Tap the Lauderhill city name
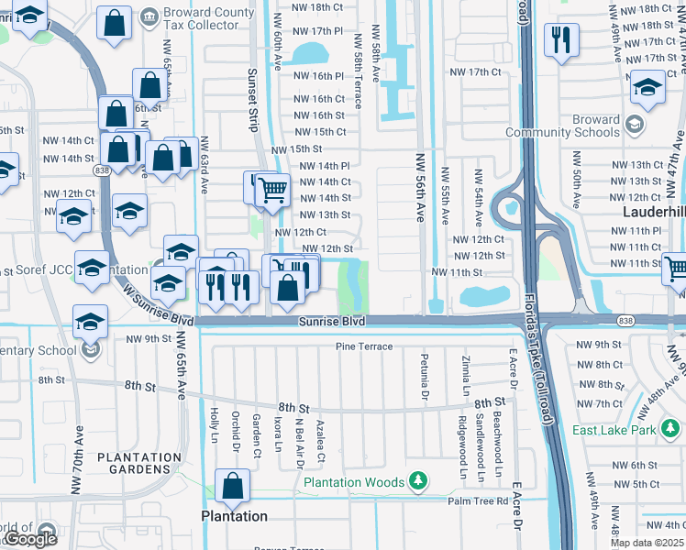point(653,210)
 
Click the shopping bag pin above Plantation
point(233,486)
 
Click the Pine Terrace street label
point(364,346)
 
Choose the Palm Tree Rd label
point(478,501)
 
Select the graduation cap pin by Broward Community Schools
point(647,87)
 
